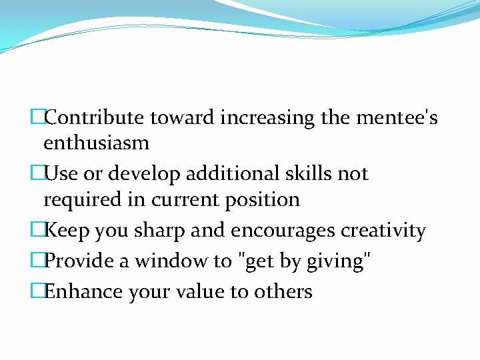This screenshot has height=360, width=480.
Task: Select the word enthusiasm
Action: (96, 143)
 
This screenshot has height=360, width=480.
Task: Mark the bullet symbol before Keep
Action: (37, 231)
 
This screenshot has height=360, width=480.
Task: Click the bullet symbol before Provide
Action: (37, 261)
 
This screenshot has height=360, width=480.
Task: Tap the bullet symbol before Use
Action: (37, 174)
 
